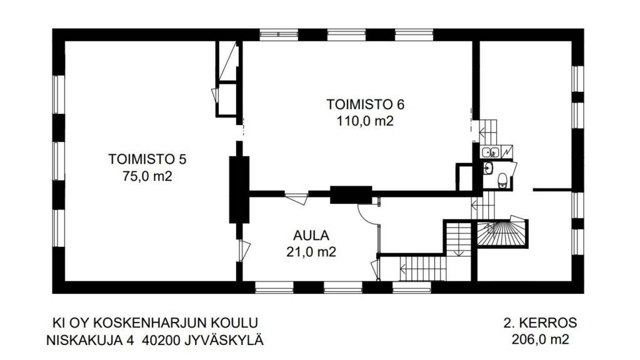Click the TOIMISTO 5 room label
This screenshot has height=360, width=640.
point(147,159)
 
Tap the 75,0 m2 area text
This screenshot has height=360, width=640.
point(147,177)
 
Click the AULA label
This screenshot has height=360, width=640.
point(311,236)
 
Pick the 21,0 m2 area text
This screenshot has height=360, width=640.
point(311,252)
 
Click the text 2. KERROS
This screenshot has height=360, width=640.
point(540,323)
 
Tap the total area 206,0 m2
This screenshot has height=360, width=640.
point(540,341)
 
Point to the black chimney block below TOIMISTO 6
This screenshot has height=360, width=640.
point(351,195)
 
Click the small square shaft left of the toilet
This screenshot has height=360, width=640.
point(466,177)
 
